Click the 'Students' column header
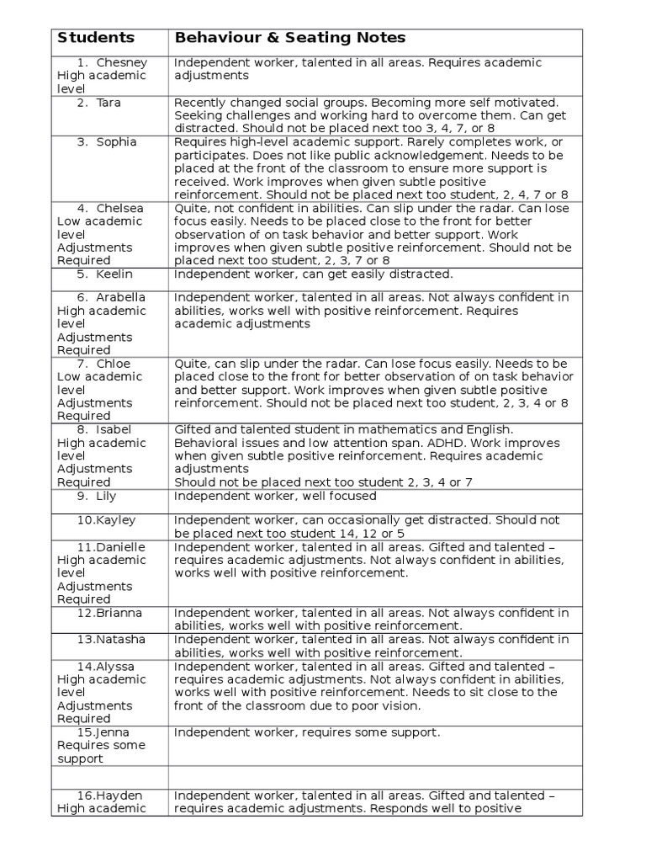pyautogui.click(x=95, y=38)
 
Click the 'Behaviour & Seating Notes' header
pyautogui.click(x=289, y=38)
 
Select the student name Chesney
pyautogui.click(x=122, y=62)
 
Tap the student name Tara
pyautogui.click(x=109, y=103)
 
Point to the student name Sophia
pyautogui.click(x=116, y=141)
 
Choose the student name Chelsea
pyautogui.click(x=120, y=208)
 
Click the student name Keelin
pyautogui.click(x=114, y=274)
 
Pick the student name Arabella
pyautogui.click(x=121, y=297)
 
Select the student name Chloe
pyautogui.click(x=114, y=363)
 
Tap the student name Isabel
pyautogui.click(x=114, y=429)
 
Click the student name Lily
pyautogui.click(x=106, y=496)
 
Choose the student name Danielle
pyautogui.click(x=121, y=547)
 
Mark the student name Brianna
pyautogui.click(x=119, y=613)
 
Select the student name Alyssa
pyautogui.click(x=116, y=666)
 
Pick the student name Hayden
pyautogui.click(x=117, y=795)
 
